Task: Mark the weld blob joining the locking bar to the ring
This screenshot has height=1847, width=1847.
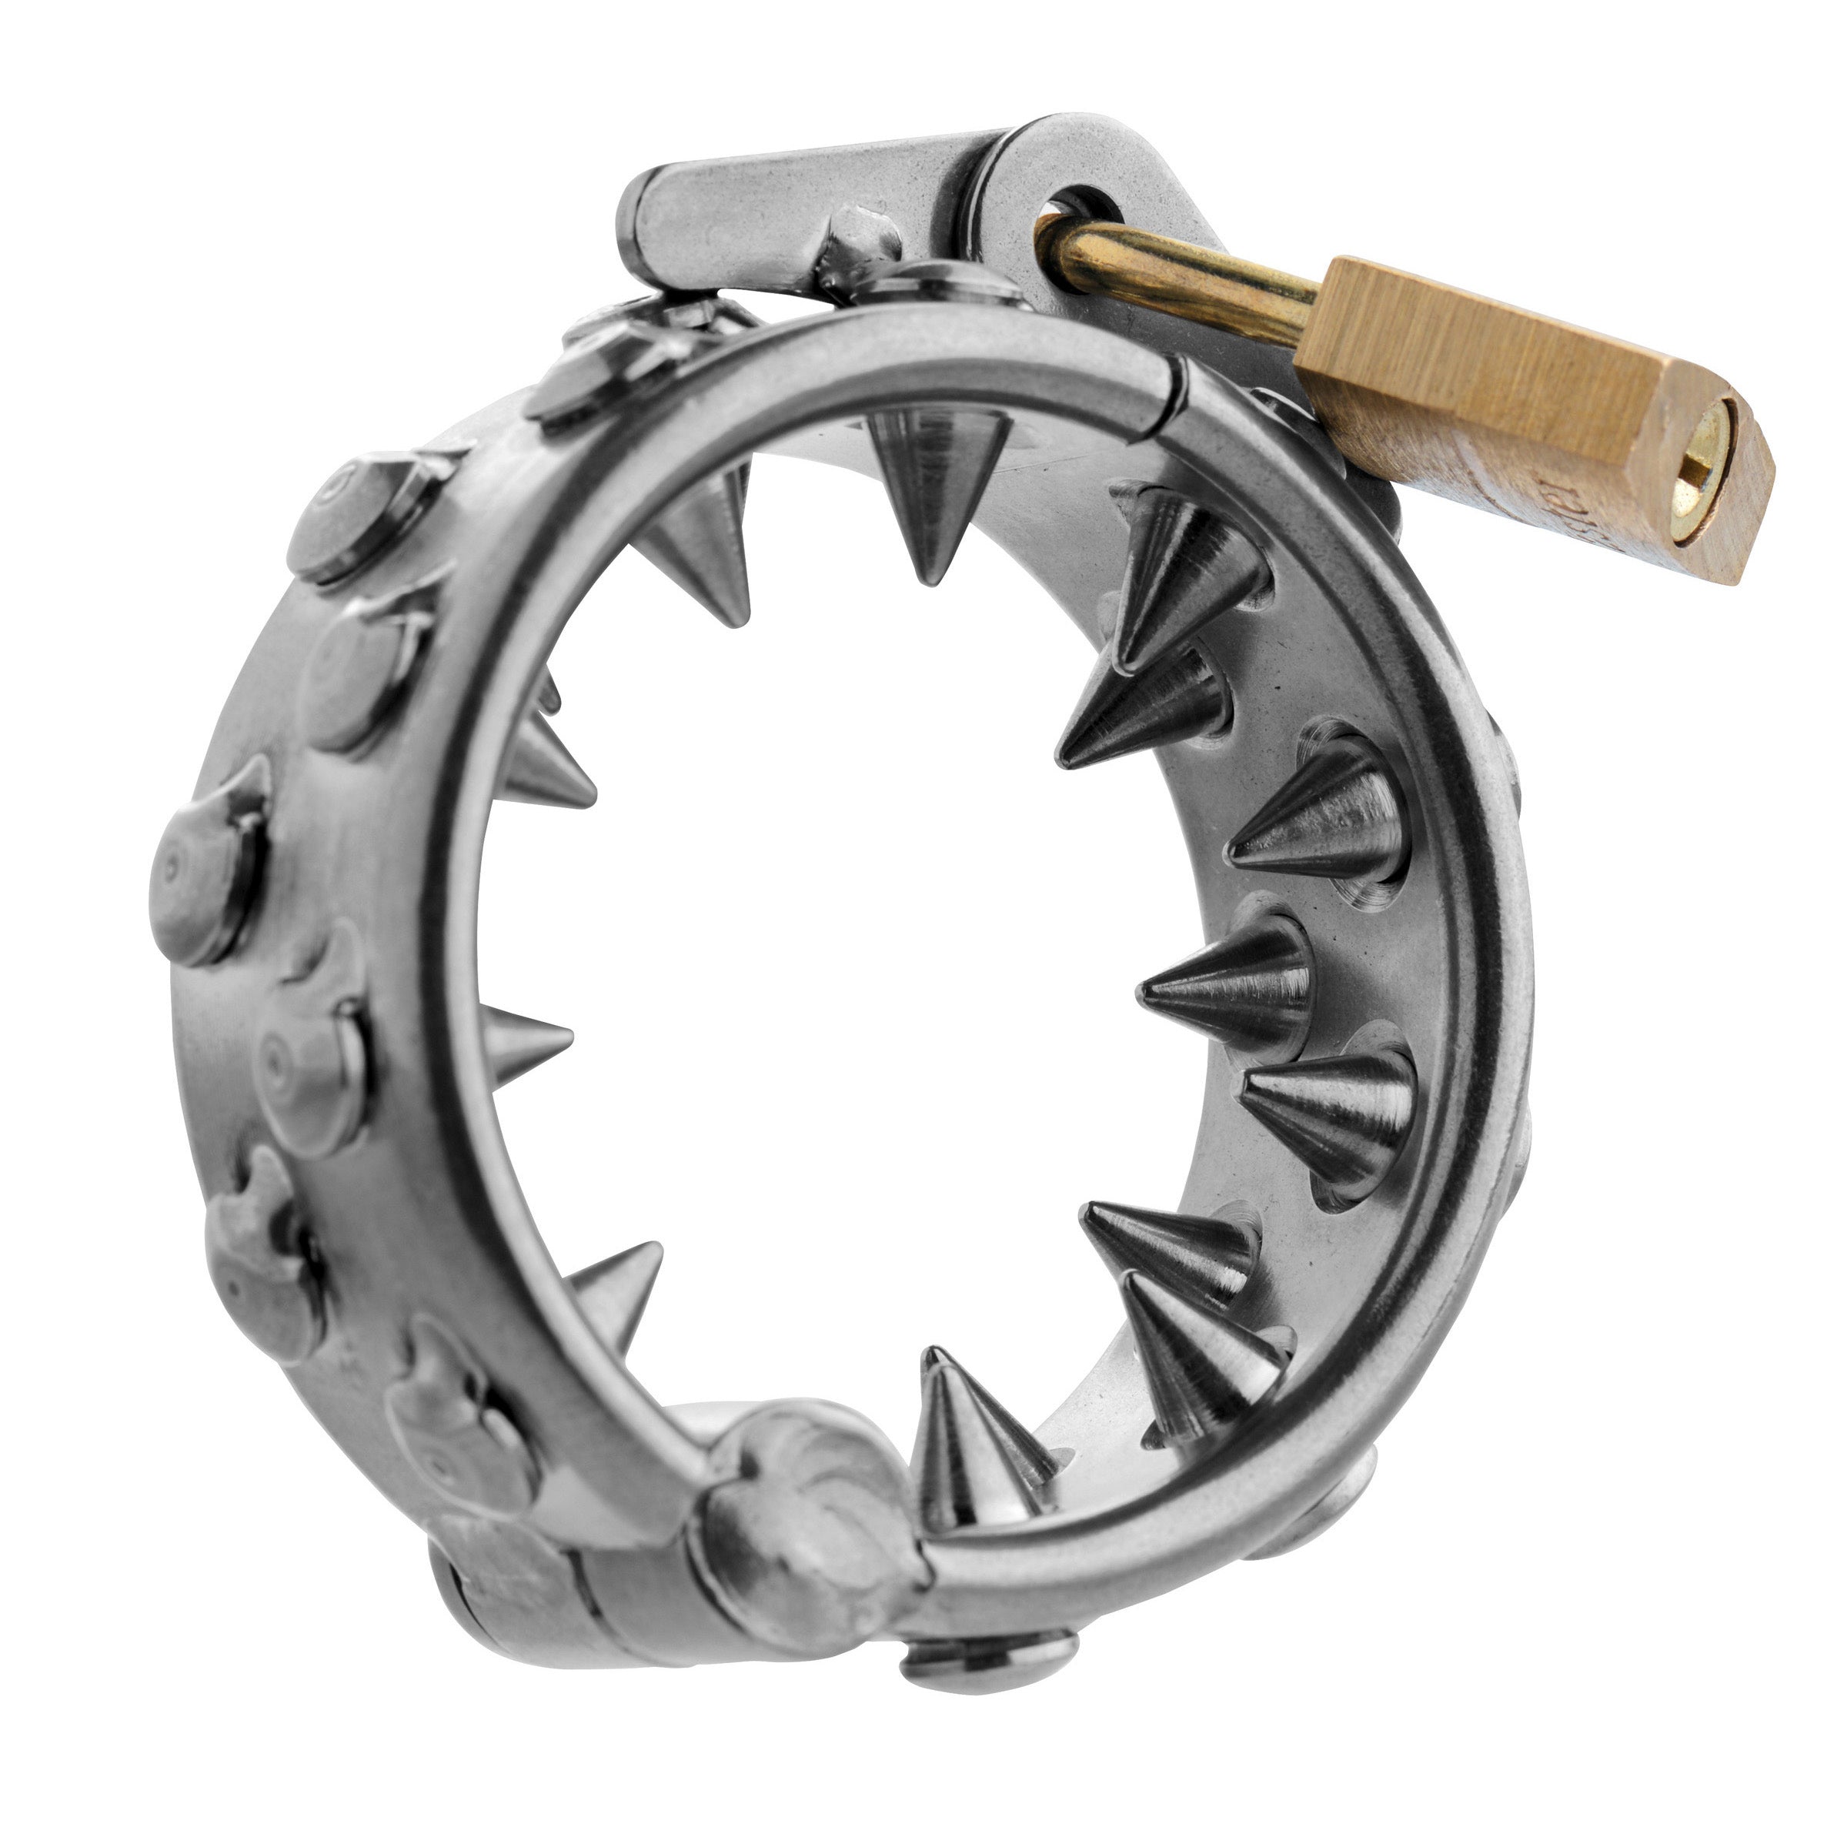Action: click(x=860, y=253)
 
